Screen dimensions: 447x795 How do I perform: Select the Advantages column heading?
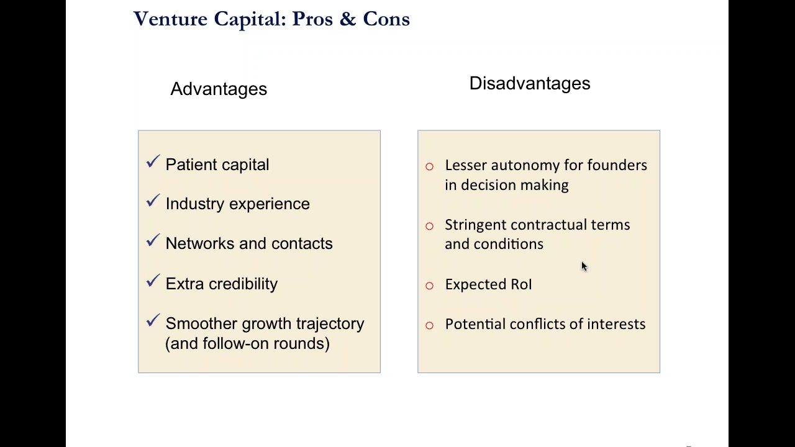[219, 89]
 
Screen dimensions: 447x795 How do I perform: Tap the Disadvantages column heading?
[529, 83]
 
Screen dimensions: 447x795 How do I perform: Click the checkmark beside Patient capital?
[153, 162]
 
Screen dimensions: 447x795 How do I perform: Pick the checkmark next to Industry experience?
[153, 201]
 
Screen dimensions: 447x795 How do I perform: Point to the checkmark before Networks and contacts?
[153, 241]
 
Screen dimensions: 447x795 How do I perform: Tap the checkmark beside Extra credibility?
[153, 281]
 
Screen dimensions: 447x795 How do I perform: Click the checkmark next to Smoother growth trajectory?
[153, 321]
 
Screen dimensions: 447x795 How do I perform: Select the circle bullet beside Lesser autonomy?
[429, 166]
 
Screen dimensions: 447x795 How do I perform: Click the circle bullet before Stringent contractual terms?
[429, 226]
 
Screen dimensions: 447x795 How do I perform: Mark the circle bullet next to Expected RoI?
[429, 286]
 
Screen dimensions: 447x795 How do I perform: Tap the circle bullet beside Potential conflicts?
[429, 325]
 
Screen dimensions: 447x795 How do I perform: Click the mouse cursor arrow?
[584, 266]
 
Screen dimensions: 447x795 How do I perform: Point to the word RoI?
[520, 284]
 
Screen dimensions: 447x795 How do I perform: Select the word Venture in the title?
[170, 19]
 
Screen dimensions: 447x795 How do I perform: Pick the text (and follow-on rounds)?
[247, 343]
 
